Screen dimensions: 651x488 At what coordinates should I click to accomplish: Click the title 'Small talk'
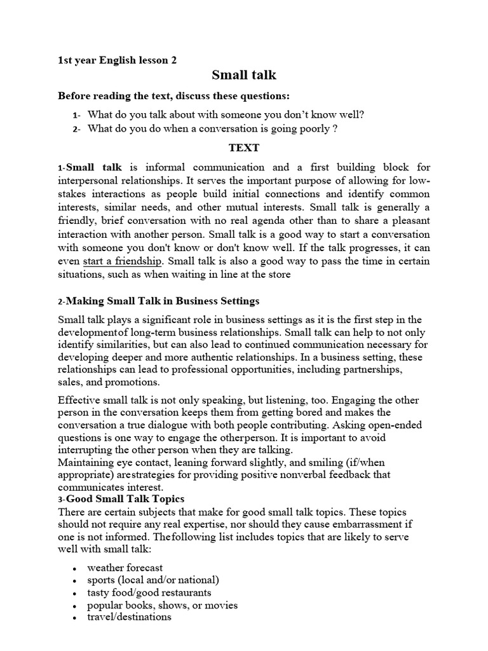pyautogui.click(x=244, y=76)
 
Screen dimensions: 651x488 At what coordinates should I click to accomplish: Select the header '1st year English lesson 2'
pyautogui.click(x=118, y=60)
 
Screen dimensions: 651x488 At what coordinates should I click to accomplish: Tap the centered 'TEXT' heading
pyautogui.click(x=244, y=148)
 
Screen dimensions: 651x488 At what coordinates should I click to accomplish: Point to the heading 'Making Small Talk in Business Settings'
pyautogui.click(x=163, y=301)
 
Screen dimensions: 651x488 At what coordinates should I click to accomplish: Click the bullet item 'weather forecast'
pyautogui.click(x=125, y=568)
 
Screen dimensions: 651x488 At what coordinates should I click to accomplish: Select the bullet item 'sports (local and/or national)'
pyautogui.click(x=153, y=580)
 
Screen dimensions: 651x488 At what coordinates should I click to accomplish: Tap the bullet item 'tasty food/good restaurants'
pyautogui.click(x=149, y=593)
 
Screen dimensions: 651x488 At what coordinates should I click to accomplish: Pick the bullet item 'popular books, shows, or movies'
pyautogui.click(x=163, y=605)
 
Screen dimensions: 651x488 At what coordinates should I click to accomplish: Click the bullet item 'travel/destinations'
pyautogui.click(x=130, y=617)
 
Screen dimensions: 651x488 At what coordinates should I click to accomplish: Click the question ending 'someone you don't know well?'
pyautogui.click(x=226, y=115)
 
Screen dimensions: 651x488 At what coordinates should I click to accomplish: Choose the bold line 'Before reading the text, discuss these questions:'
pyautogui.click(x=173, y=96)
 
